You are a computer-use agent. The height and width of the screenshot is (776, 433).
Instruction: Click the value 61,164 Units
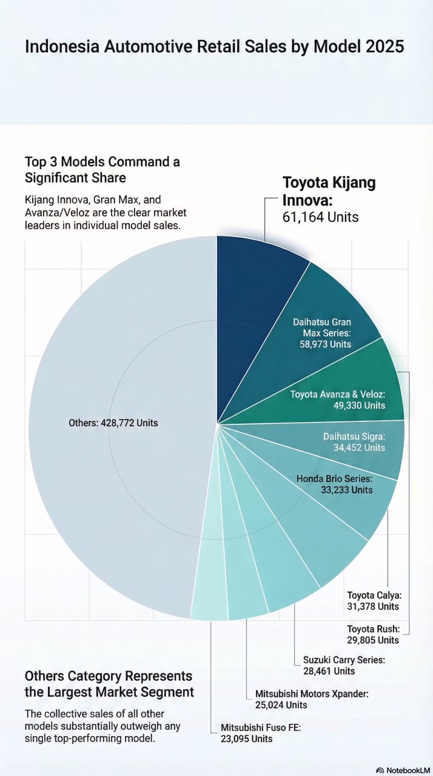(x=321, y=217)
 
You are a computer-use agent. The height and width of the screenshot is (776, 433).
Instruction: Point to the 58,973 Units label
(x=326, y=344)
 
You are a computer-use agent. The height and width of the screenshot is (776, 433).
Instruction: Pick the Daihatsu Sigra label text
(x=355, y=436)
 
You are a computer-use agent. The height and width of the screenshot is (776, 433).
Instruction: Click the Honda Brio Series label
(x=334, y=478)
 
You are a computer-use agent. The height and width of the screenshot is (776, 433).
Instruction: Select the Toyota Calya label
(x=374, y=595)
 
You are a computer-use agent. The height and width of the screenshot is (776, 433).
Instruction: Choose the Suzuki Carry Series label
(x=344, y=660)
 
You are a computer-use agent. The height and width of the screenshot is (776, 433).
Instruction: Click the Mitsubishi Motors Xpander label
(x=312, y=694)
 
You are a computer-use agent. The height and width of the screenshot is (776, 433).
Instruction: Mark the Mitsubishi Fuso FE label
(x=261, y=727)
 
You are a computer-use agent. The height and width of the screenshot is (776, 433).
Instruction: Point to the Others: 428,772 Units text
(x=113, y=423)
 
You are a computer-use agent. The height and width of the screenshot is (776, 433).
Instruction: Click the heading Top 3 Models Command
(x=102, y=162)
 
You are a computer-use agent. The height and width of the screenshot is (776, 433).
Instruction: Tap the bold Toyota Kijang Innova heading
(x=329, y=190)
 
